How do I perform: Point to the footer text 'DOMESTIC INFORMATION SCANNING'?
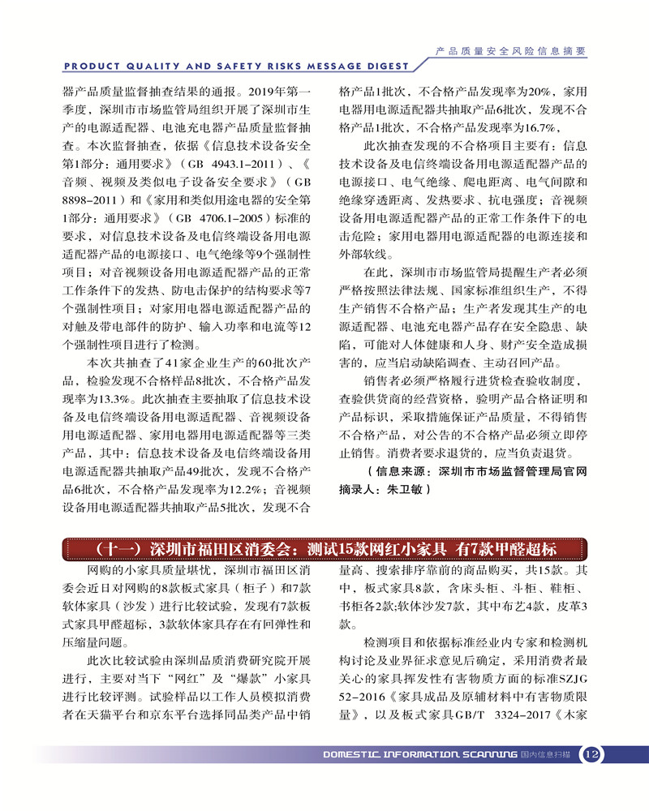tap(420, 755)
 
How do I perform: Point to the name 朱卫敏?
tap(403, 490)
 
